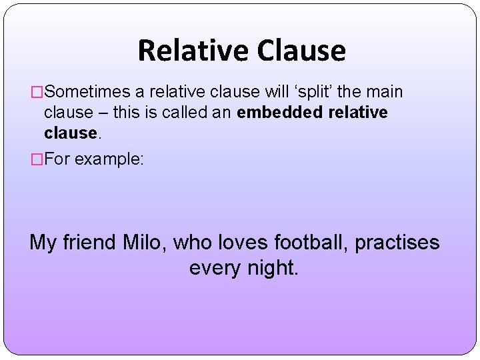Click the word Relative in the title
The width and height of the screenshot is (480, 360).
[x=193, y=51]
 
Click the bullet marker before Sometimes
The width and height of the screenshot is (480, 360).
[x=37, y=91]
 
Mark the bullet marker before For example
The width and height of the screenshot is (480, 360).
[x=37, y=160]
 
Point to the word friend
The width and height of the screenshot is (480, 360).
[x=90, y=242]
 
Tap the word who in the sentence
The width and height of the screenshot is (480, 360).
[x=192, y=242]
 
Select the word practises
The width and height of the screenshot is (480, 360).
[x=397, y=243]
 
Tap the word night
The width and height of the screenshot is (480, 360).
[x=273, y=268]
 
